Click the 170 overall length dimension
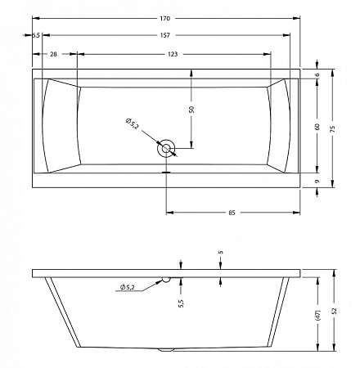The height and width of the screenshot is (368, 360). (x=165, y=19)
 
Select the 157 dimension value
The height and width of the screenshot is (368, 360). (x=165, y=35)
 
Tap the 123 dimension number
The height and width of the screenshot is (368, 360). (x=173, y=54)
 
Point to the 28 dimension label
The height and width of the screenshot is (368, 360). (x=54, y=54)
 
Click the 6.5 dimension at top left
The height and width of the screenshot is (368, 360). (x=36, y=35)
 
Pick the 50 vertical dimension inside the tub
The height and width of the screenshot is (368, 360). (x=191, y=110)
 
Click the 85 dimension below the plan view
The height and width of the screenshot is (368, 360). (x=232, y=213)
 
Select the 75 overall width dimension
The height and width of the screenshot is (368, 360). (x=332, y=128)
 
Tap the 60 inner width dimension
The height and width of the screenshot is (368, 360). (x=317, y=127)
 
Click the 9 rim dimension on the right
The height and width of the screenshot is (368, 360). (x=317, y=182)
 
